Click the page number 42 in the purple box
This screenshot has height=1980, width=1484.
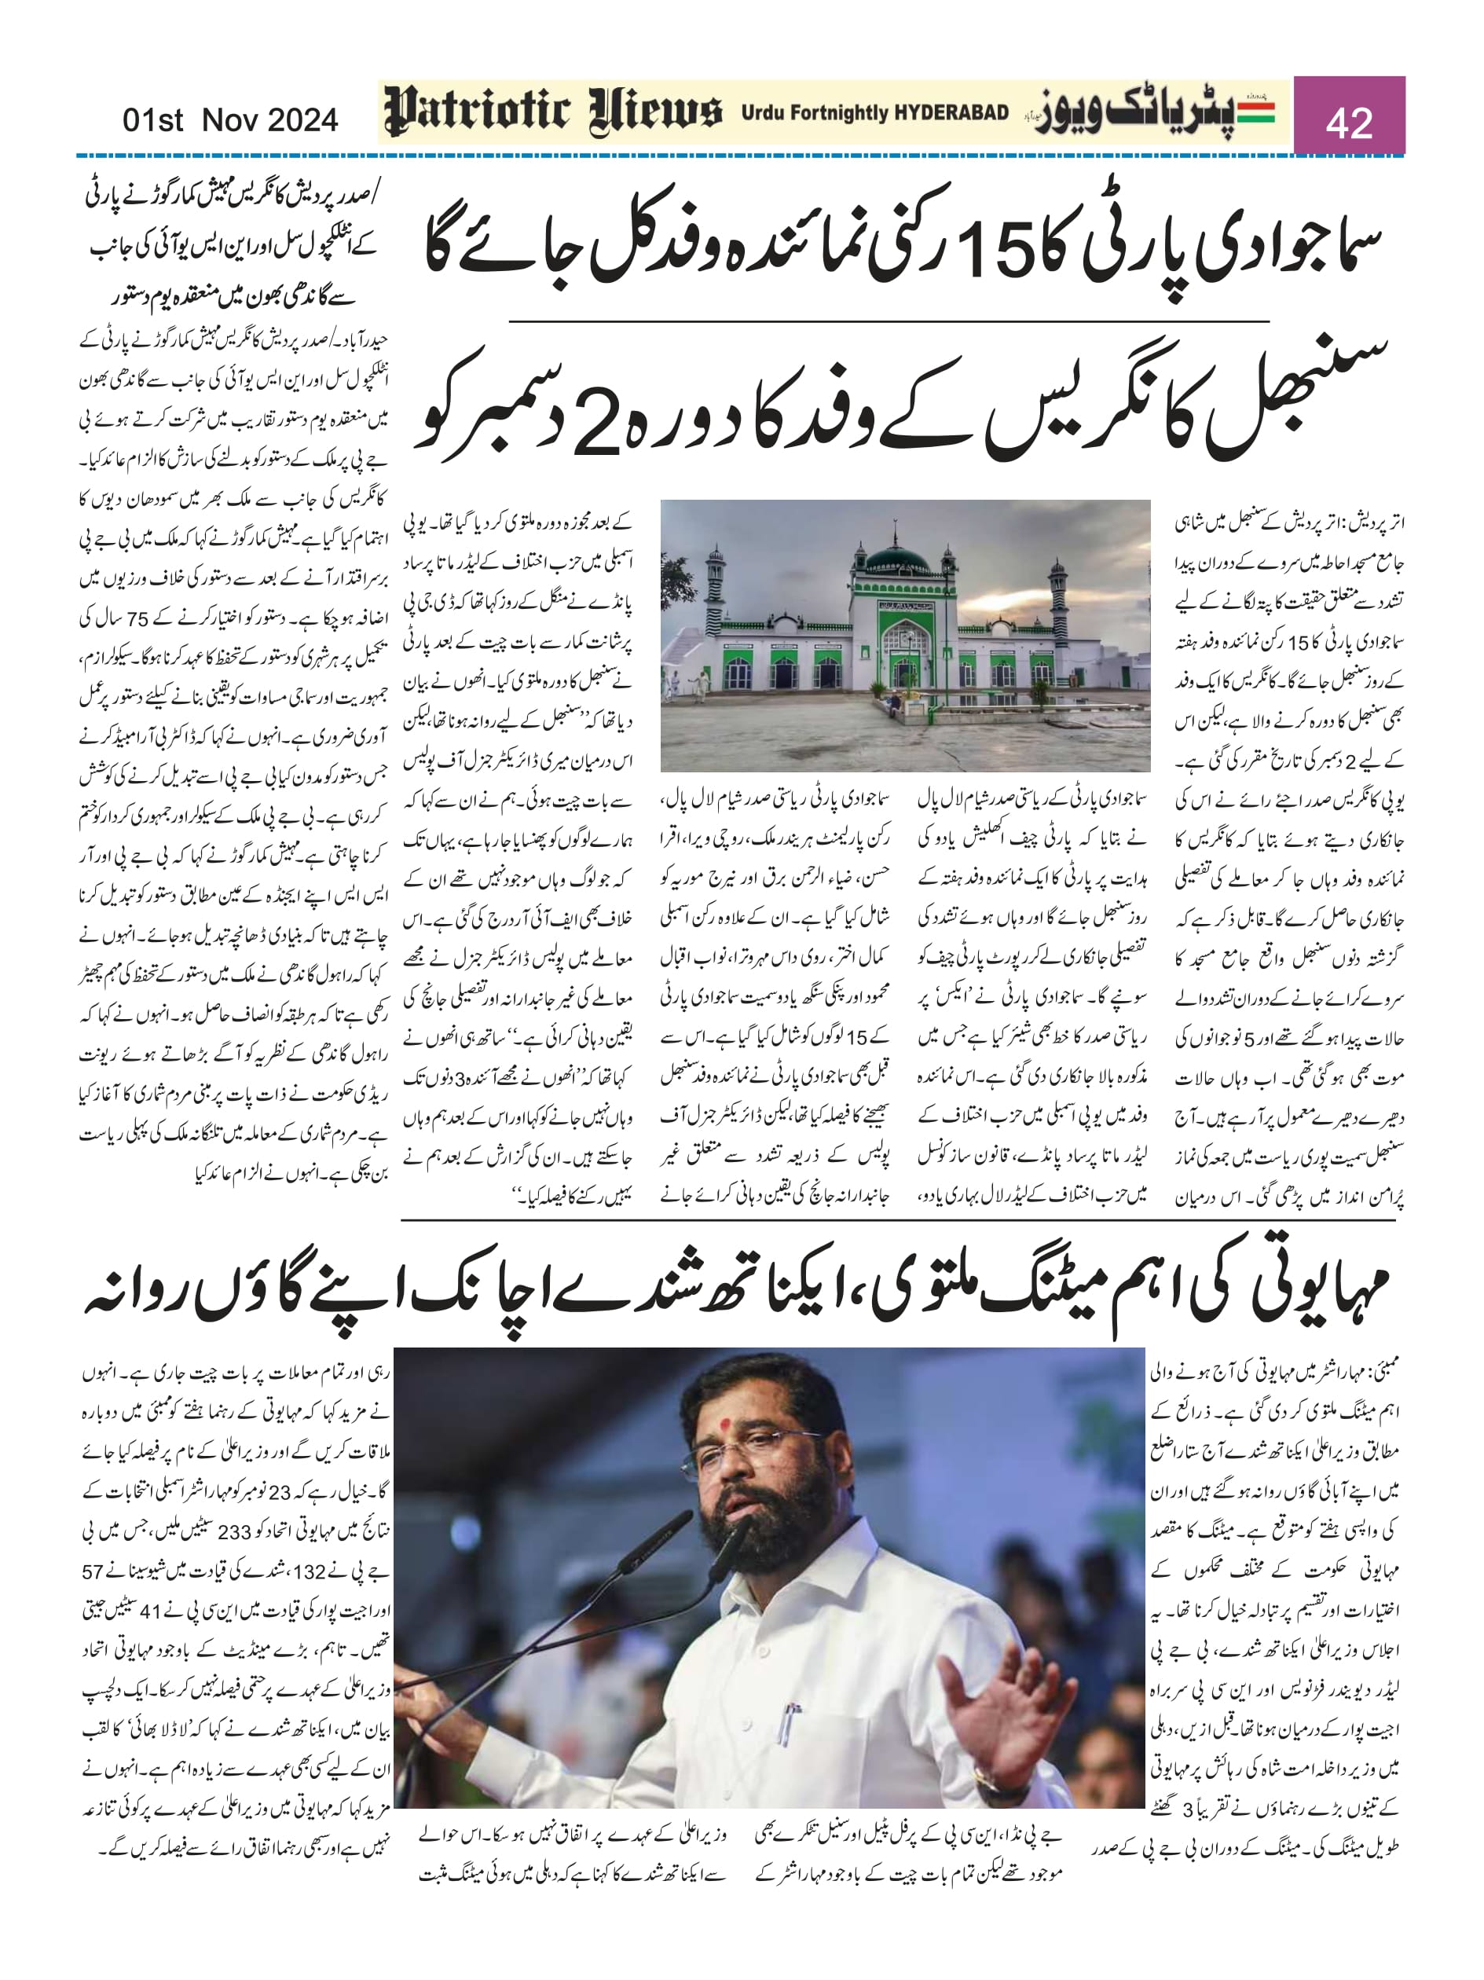1349,121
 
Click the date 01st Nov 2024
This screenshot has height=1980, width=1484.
230,119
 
